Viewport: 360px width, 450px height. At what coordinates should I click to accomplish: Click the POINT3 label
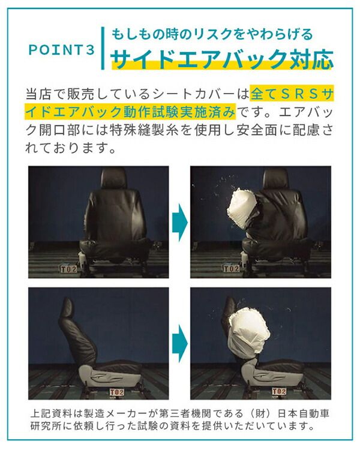tap(61, 50)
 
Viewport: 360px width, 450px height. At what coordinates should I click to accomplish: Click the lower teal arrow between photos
tap(179, 344)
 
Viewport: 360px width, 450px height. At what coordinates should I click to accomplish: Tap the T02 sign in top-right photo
tap(232, 268)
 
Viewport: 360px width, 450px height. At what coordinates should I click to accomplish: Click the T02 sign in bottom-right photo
tap(279, 392)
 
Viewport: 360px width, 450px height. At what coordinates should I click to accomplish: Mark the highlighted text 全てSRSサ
tap(292, 95)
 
